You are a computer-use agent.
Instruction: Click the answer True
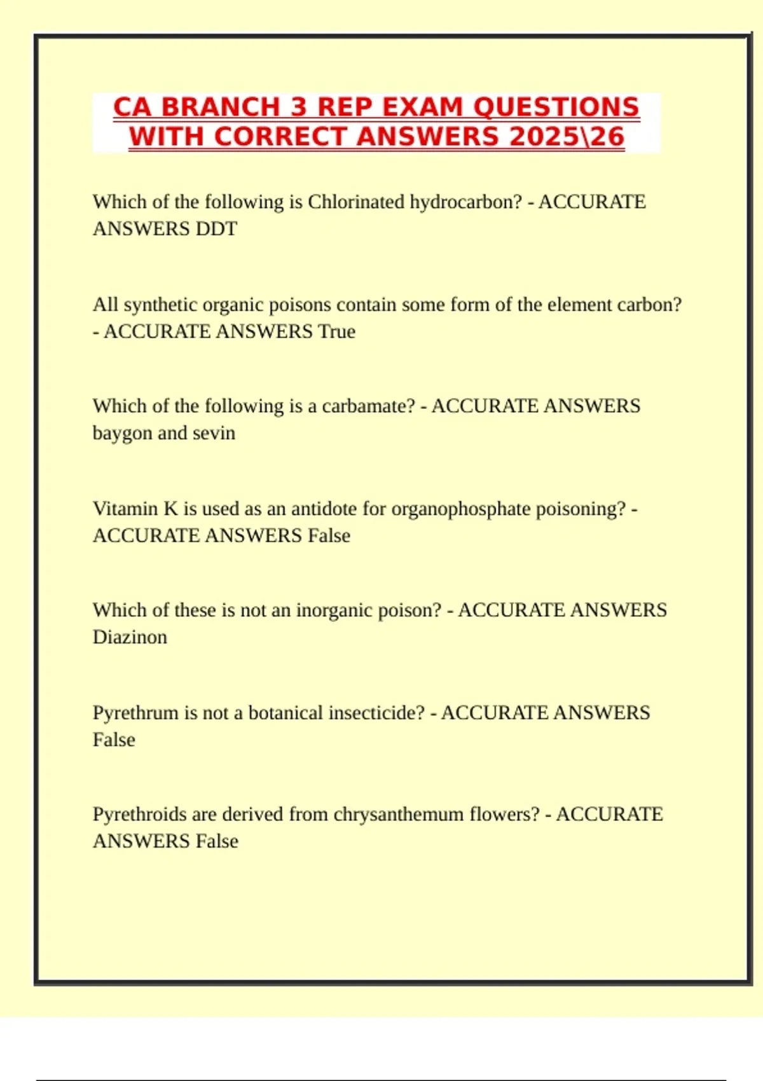coord(336,331)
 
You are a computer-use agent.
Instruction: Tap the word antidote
coord(324,509)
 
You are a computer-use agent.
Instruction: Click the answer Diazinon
coord(130,637)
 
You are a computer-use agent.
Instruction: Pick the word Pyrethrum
coord(135,713)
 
